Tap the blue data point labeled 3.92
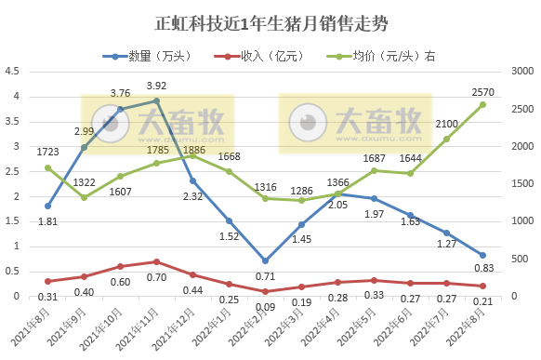[156, 100]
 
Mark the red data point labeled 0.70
[156, 261]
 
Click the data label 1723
[48, 151]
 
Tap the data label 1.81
[48, 220]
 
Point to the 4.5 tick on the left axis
[13, 72]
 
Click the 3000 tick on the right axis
[522, 72]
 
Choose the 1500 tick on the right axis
[522, 184]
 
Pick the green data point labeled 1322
[84, 197]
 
